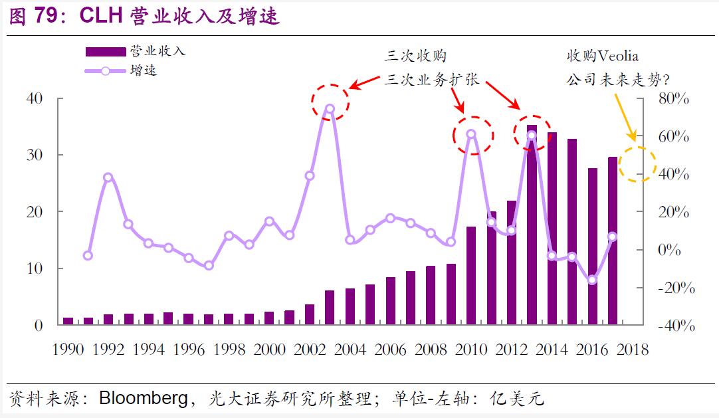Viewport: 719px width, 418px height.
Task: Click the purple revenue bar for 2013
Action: pyautogui.click(x=532, y=226)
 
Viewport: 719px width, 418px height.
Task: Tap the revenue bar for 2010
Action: pyautogui.click(x=471, y=276)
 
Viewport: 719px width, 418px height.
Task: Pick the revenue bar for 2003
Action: pyautogui.click(x=330, y=308)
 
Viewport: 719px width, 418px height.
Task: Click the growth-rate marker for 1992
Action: pyautogui.click(x=108, y=177)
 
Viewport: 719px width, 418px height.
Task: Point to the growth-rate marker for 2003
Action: pyautogui.click(x=330, y=108)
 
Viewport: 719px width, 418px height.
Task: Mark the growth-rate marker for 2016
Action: pyautogui.click(x=592, y=280)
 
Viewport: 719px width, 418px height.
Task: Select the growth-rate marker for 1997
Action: pyautogui.click(x=209, y=265)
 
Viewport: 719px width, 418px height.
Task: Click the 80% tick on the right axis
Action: pyautogui.click(x=674, y=98)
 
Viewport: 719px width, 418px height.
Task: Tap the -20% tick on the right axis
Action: pyautogui.click(x=674, y=288)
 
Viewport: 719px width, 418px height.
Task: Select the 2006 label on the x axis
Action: pyautogui.click(x=390, y=350)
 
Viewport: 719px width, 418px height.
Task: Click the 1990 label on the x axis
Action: pyautogui.click(x=68, y=350)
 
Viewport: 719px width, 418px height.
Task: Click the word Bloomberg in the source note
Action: pyautogui.click(x=142, y=399)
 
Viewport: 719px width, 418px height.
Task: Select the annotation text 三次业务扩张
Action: pyautogui.click(x=431, y=80)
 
